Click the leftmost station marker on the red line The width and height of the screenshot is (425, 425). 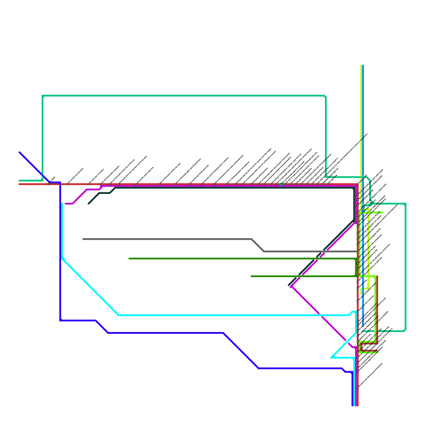coord(48,184)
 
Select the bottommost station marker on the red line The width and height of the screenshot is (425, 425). coord(358,388)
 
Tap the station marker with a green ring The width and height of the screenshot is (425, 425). coord(282,184)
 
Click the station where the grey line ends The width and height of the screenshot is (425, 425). coord(358,251)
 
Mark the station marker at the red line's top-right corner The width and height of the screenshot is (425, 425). coord(358,184)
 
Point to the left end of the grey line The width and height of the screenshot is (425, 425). coord(83,239)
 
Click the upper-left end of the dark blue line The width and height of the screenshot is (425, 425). coord(20,152)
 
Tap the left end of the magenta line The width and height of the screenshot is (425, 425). coord(65,204)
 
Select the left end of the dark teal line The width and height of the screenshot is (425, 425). coord(89,204)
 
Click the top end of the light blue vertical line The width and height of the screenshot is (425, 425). coord(363,65)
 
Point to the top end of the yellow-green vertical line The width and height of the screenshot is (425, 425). coord(361,65)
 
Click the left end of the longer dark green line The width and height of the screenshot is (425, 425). coord(129,258)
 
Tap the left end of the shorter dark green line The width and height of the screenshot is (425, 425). coord(251,276)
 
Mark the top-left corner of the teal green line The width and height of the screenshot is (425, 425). coord(42,96)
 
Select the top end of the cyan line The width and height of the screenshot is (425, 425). coord(62,204)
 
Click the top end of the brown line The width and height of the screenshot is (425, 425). coord(377,277)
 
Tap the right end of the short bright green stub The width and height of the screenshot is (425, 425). coord(382,212)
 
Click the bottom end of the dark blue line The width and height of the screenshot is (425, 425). coord(352,406)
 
